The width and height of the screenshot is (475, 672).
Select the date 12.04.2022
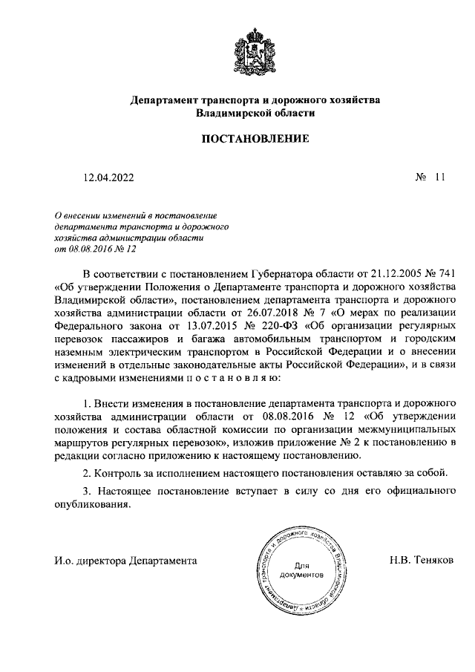point(109,178)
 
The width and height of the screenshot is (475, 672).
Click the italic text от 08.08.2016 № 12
point(96,250)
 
